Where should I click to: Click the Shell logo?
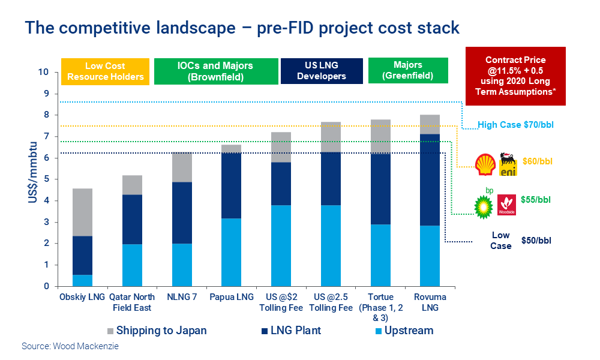(x=484, y=164)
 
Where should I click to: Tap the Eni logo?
(x=508, y=164)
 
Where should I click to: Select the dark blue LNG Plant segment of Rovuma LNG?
(x=430, y=180)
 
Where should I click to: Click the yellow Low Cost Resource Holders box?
(x=105, y=71)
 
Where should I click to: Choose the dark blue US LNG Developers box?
(x=322, y=71)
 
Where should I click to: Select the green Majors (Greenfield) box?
(x=408, y=71)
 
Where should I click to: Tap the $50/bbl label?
(x=536, y=241)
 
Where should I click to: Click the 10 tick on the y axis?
(x=43, y=73)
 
